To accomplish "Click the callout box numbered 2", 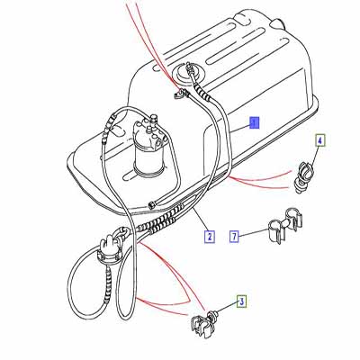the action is tap(210, 236).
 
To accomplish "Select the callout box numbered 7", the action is tap(234, 236).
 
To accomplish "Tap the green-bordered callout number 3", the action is tap(241, 301).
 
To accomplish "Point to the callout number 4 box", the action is tap(320, 140).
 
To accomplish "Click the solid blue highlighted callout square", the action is tap(255, 122).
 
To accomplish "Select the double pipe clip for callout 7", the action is tap(283, 226).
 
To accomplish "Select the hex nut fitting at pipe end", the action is tap(151, 205).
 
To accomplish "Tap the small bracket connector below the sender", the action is tap(181, 94).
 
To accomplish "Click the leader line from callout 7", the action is tap(253, 233).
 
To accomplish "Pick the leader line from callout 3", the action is tap(226, 309).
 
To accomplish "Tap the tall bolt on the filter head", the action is tap(153, 119).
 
